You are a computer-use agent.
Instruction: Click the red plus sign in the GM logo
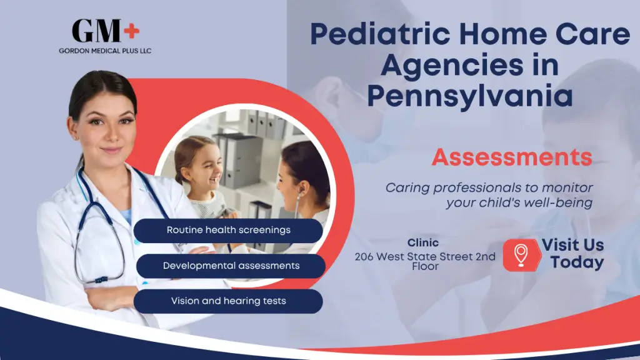[x=131, y=29]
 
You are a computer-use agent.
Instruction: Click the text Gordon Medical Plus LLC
[x=105, y=51]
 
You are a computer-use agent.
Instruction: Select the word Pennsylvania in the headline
[x=470, y=96]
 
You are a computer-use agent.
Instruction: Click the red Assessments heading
[x=511, y=157]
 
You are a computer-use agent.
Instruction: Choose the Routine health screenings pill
[x=228, y=230]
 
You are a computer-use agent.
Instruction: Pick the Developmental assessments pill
[x=231, y=266]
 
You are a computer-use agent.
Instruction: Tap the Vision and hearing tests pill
[x=228, y=301]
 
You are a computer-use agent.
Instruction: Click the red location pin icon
[x=520, y=254]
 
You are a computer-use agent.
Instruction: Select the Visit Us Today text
[x=572, y=253]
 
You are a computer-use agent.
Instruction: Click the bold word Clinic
[x=423, y=242]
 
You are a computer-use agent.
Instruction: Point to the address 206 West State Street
[x=425, y=257]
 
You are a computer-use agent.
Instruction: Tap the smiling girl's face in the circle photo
[x=199, y=165]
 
